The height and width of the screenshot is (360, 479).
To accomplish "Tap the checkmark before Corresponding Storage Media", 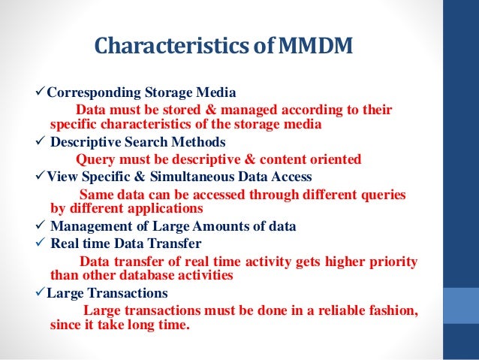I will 41,93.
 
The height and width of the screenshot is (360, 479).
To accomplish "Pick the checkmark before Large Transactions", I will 41,293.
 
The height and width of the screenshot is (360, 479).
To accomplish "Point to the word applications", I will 163,208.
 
